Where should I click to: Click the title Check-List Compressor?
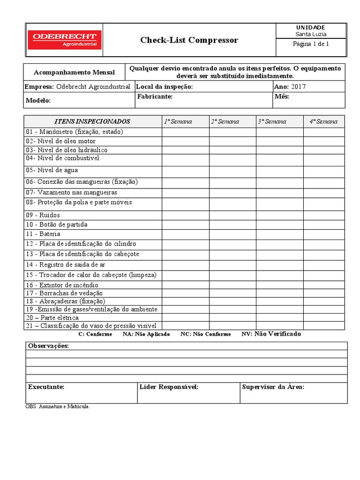pos(189,40)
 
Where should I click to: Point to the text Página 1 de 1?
pos(311,44)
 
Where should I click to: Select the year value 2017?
pos(298,87)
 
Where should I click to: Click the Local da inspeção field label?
pos(164,87)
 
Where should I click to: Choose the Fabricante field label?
pos(155,97)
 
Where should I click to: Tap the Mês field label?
pos(281,97)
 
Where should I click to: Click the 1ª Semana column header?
pos(178,121)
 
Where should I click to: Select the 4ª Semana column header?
pos(323,121)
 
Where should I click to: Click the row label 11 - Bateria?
pos(43,234)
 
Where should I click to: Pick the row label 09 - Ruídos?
pos(43,215)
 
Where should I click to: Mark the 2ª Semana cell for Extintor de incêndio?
pos(232,285)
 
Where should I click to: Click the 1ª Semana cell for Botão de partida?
pos(186,225)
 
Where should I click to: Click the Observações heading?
pos(48,346)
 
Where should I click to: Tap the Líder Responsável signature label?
pos(169,387)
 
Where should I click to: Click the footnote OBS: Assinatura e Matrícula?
pos(57,406)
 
